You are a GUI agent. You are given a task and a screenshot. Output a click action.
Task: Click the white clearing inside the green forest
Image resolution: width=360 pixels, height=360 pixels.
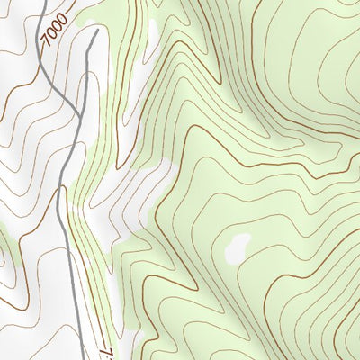point(238,248)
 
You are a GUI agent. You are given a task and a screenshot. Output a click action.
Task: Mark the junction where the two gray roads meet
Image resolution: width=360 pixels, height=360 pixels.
point(63,188)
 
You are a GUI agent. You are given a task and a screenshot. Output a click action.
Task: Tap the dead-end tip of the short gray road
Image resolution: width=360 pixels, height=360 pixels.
point(94,30)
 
